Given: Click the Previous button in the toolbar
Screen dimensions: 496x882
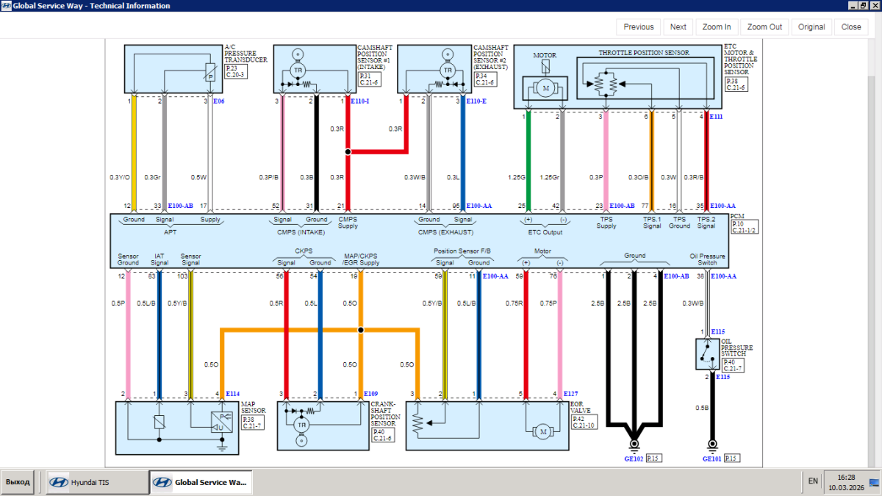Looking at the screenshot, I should tap(638, 27).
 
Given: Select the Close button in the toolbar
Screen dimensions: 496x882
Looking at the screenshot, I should tap(851, 27).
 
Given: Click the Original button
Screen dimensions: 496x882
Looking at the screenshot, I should tap(811, 27).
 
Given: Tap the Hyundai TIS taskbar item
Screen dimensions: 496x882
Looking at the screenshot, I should tap(93, 482).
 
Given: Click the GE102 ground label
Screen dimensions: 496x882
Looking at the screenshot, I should tap(634, 459).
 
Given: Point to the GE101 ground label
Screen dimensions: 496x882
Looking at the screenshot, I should tap(711, 459).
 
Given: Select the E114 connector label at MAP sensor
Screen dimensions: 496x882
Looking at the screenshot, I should tap(232, 395).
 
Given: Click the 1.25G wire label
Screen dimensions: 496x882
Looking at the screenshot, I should tap(517, 177).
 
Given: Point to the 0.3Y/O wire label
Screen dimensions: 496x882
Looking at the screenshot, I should tap(120, 177).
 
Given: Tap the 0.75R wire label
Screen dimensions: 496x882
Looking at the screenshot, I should tap(514, 303).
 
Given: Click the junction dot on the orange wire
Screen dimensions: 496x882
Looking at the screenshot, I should tap(360, 330).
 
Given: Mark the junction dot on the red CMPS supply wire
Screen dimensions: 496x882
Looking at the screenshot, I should tap(348, 151).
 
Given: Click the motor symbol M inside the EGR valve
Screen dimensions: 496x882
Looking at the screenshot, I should tap(544, 432).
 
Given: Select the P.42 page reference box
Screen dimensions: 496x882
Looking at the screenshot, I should tap(578, 418).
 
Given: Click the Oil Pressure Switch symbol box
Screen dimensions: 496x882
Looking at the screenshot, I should tap(707, 355).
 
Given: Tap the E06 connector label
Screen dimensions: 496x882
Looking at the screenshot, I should tap(218, 101).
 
